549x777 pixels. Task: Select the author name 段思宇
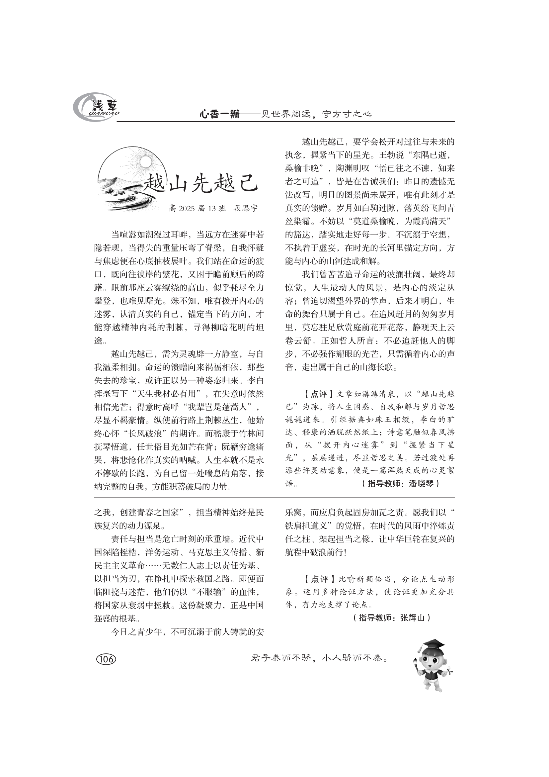tap(245, 209)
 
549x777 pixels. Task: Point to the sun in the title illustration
tap(145, 162)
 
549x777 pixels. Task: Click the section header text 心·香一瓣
tap(219, 115)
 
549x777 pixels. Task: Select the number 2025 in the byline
tap(187, 209)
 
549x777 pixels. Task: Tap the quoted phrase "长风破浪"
tap(147, 434)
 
